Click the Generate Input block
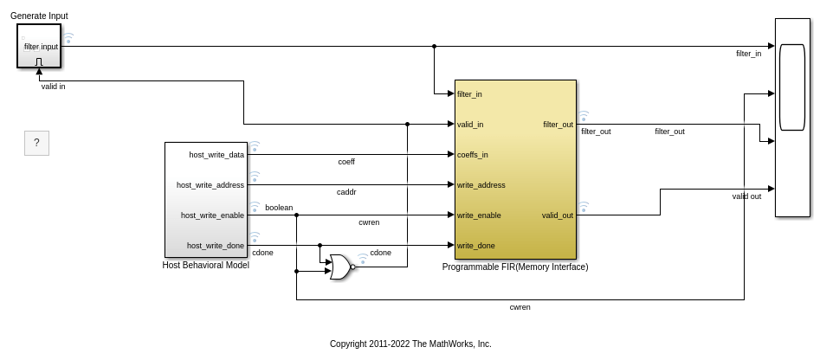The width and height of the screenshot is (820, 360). [x=39, y=46]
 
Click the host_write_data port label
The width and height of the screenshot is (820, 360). [x=216, y=155]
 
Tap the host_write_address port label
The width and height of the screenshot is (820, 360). [x=210, y=185]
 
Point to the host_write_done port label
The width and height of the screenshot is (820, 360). [x=216, y=246]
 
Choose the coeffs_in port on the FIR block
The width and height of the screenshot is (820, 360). [x=472, y=155]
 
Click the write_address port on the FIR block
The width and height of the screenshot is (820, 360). [x=481, y=185]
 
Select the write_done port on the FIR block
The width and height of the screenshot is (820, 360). [x=475, y=246]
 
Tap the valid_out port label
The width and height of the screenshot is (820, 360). [x=558, y=215]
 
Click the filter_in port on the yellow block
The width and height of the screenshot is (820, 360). [x=469, y=94]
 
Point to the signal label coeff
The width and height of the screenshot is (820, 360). [x=346, y=162]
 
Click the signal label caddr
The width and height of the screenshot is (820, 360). [x=346, y=192]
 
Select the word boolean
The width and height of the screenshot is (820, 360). [x=279, y=208]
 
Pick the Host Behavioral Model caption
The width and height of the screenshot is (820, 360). [x=205, y=265]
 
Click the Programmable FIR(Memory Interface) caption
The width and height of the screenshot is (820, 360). [x=515, y=267]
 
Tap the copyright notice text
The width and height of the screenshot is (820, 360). [x=410, y=344]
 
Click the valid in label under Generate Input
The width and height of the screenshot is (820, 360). [x=54, y=87]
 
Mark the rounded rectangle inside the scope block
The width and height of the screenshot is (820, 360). [x=791, y=87]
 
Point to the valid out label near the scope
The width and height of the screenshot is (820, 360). [x=746, y=196]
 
